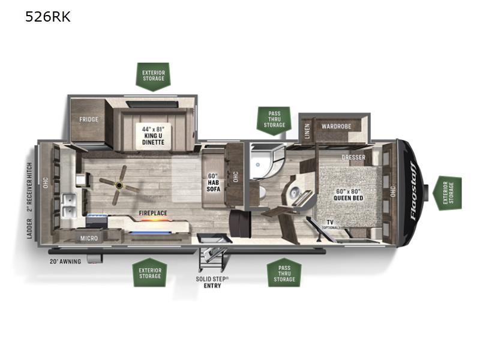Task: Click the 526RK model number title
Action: (x=48, y=17)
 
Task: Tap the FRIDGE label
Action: (x=89, y=119)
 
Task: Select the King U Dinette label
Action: (x=153, y=136)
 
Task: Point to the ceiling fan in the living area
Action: (x=119, y=185)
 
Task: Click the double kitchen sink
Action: (x=69, y=205)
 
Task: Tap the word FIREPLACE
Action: (x=153, y=213)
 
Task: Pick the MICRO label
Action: (x=89, y=238)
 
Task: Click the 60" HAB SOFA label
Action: (x=214, y=182)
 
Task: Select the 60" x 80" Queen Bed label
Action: (x=349, y=194)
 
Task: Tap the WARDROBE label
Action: (x=336, y=126)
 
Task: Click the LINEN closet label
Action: (x=307, y=131)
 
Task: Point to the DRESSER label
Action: (x=353, y=157)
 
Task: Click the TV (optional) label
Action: (x=331, y=224)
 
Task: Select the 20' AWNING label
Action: (x=65, y=262)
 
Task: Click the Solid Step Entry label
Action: (x=212, y=282)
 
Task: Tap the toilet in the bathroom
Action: (x=261, y=193)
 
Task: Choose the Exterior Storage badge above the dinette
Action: (x=153, y=77)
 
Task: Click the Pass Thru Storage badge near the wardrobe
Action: (x=274, y=121)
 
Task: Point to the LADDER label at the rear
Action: (x=29, y=229)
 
